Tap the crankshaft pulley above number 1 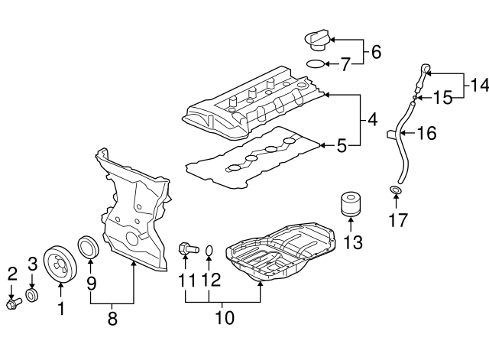click(59, 264)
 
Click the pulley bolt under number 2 click(13, 304)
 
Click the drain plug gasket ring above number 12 click(210, 249)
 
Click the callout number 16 click(426, 134)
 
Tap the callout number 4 click(372, 120)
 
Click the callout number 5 click(342, 144)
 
